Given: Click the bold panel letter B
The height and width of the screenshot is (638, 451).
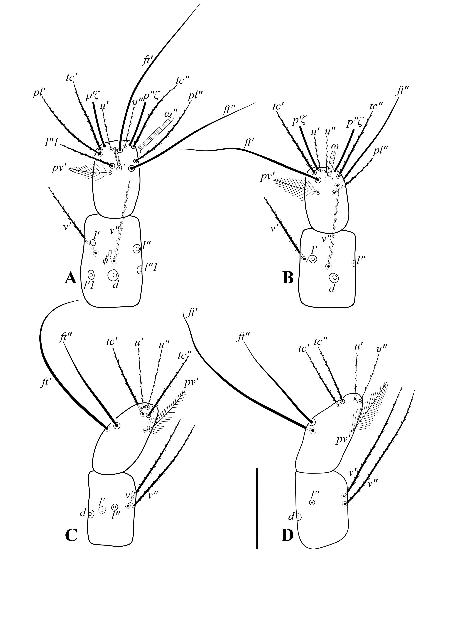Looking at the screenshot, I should [x=288, y=278].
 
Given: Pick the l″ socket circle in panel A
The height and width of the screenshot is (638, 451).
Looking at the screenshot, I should [x=137, y=249].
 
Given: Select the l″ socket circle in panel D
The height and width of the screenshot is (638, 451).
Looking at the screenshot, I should [x=312, y=502].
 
